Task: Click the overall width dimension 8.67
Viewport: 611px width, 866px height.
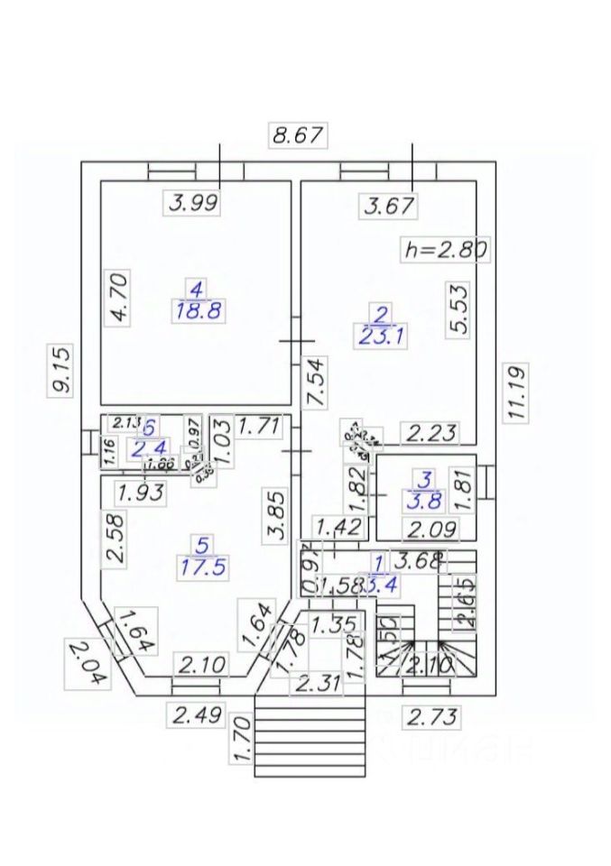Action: (x=299, y=136)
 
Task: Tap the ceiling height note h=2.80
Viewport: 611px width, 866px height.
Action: (x=445, y=249)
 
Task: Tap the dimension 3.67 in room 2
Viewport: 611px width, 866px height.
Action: (x=389, y=206)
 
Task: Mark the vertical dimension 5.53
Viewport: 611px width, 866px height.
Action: (x=459, y=309)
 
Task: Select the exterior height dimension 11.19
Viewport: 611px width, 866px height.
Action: (x=517, y=392)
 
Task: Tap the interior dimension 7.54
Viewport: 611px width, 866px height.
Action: (x=317, y=382)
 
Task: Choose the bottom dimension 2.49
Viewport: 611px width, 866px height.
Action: (x=197, y=716)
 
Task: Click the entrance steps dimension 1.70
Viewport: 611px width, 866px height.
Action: (x=238, y=740)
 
